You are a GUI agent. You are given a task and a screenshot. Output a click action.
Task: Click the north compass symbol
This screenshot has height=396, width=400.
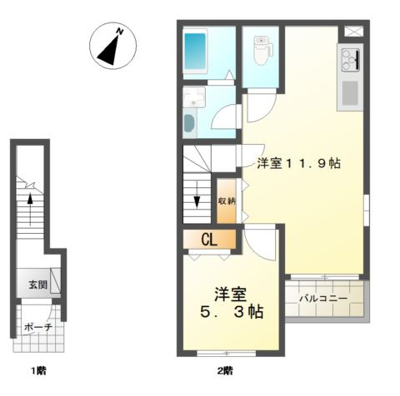112,46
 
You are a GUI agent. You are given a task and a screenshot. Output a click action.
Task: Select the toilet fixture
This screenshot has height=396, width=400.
262,51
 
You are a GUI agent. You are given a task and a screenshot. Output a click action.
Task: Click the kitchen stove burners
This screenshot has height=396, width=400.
350,59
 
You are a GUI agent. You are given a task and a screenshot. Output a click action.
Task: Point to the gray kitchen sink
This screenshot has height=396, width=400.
350,93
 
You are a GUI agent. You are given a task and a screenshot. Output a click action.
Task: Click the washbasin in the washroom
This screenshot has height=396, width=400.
193,97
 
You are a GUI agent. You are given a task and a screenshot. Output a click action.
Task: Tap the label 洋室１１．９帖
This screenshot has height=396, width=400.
298,163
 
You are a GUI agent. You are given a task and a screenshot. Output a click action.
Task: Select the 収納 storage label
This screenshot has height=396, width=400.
227,200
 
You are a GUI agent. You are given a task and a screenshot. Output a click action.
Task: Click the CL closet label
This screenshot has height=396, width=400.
209,240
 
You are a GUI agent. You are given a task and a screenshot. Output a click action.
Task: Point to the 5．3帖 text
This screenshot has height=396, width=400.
232,312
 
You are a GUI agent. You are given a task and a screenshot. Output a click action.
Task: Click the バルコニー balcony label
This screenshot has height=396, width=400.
323,299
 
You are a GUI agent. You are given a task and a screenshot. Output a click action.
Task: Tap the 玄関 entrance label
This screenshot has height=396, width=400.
38,285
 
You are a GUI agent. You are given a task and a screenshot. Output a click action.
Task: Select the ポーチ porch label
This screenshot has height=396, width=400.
38,327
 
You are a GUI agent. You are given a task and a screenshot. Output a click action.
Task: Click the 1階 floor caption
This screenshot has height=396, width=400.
38,370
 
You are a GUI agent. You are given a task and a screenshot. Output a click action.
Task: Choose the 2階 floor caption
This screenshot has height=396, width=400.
225,370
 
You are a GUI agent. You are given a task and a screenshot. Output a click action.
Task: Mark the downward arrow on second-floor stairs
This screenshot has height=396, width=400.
197,195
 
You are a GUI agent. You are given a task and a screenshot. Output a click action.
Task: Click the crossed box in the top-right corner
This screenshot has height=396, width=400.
354,31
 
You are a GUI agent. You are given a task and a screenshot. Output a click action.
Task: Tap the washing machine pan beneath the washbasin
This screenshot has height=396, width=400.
189,125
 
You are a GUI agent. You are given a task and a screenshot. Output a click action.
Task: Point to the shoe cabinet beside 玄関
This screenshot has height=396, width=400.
55,280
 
